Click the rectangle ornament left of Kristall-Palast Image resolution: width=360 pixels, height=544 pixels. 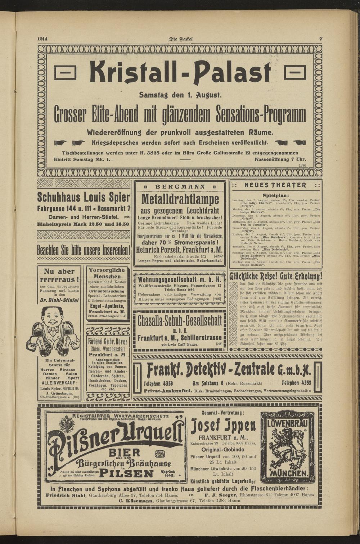click(65, 73)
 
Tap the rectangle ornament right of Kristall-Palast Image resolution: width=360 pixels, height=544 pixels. click(295, 73)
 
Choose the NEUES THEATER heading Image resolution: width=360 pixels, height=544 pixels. click(276, 185)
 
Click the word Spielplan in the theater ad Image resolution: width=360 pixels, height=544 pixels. click(276, 194)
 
